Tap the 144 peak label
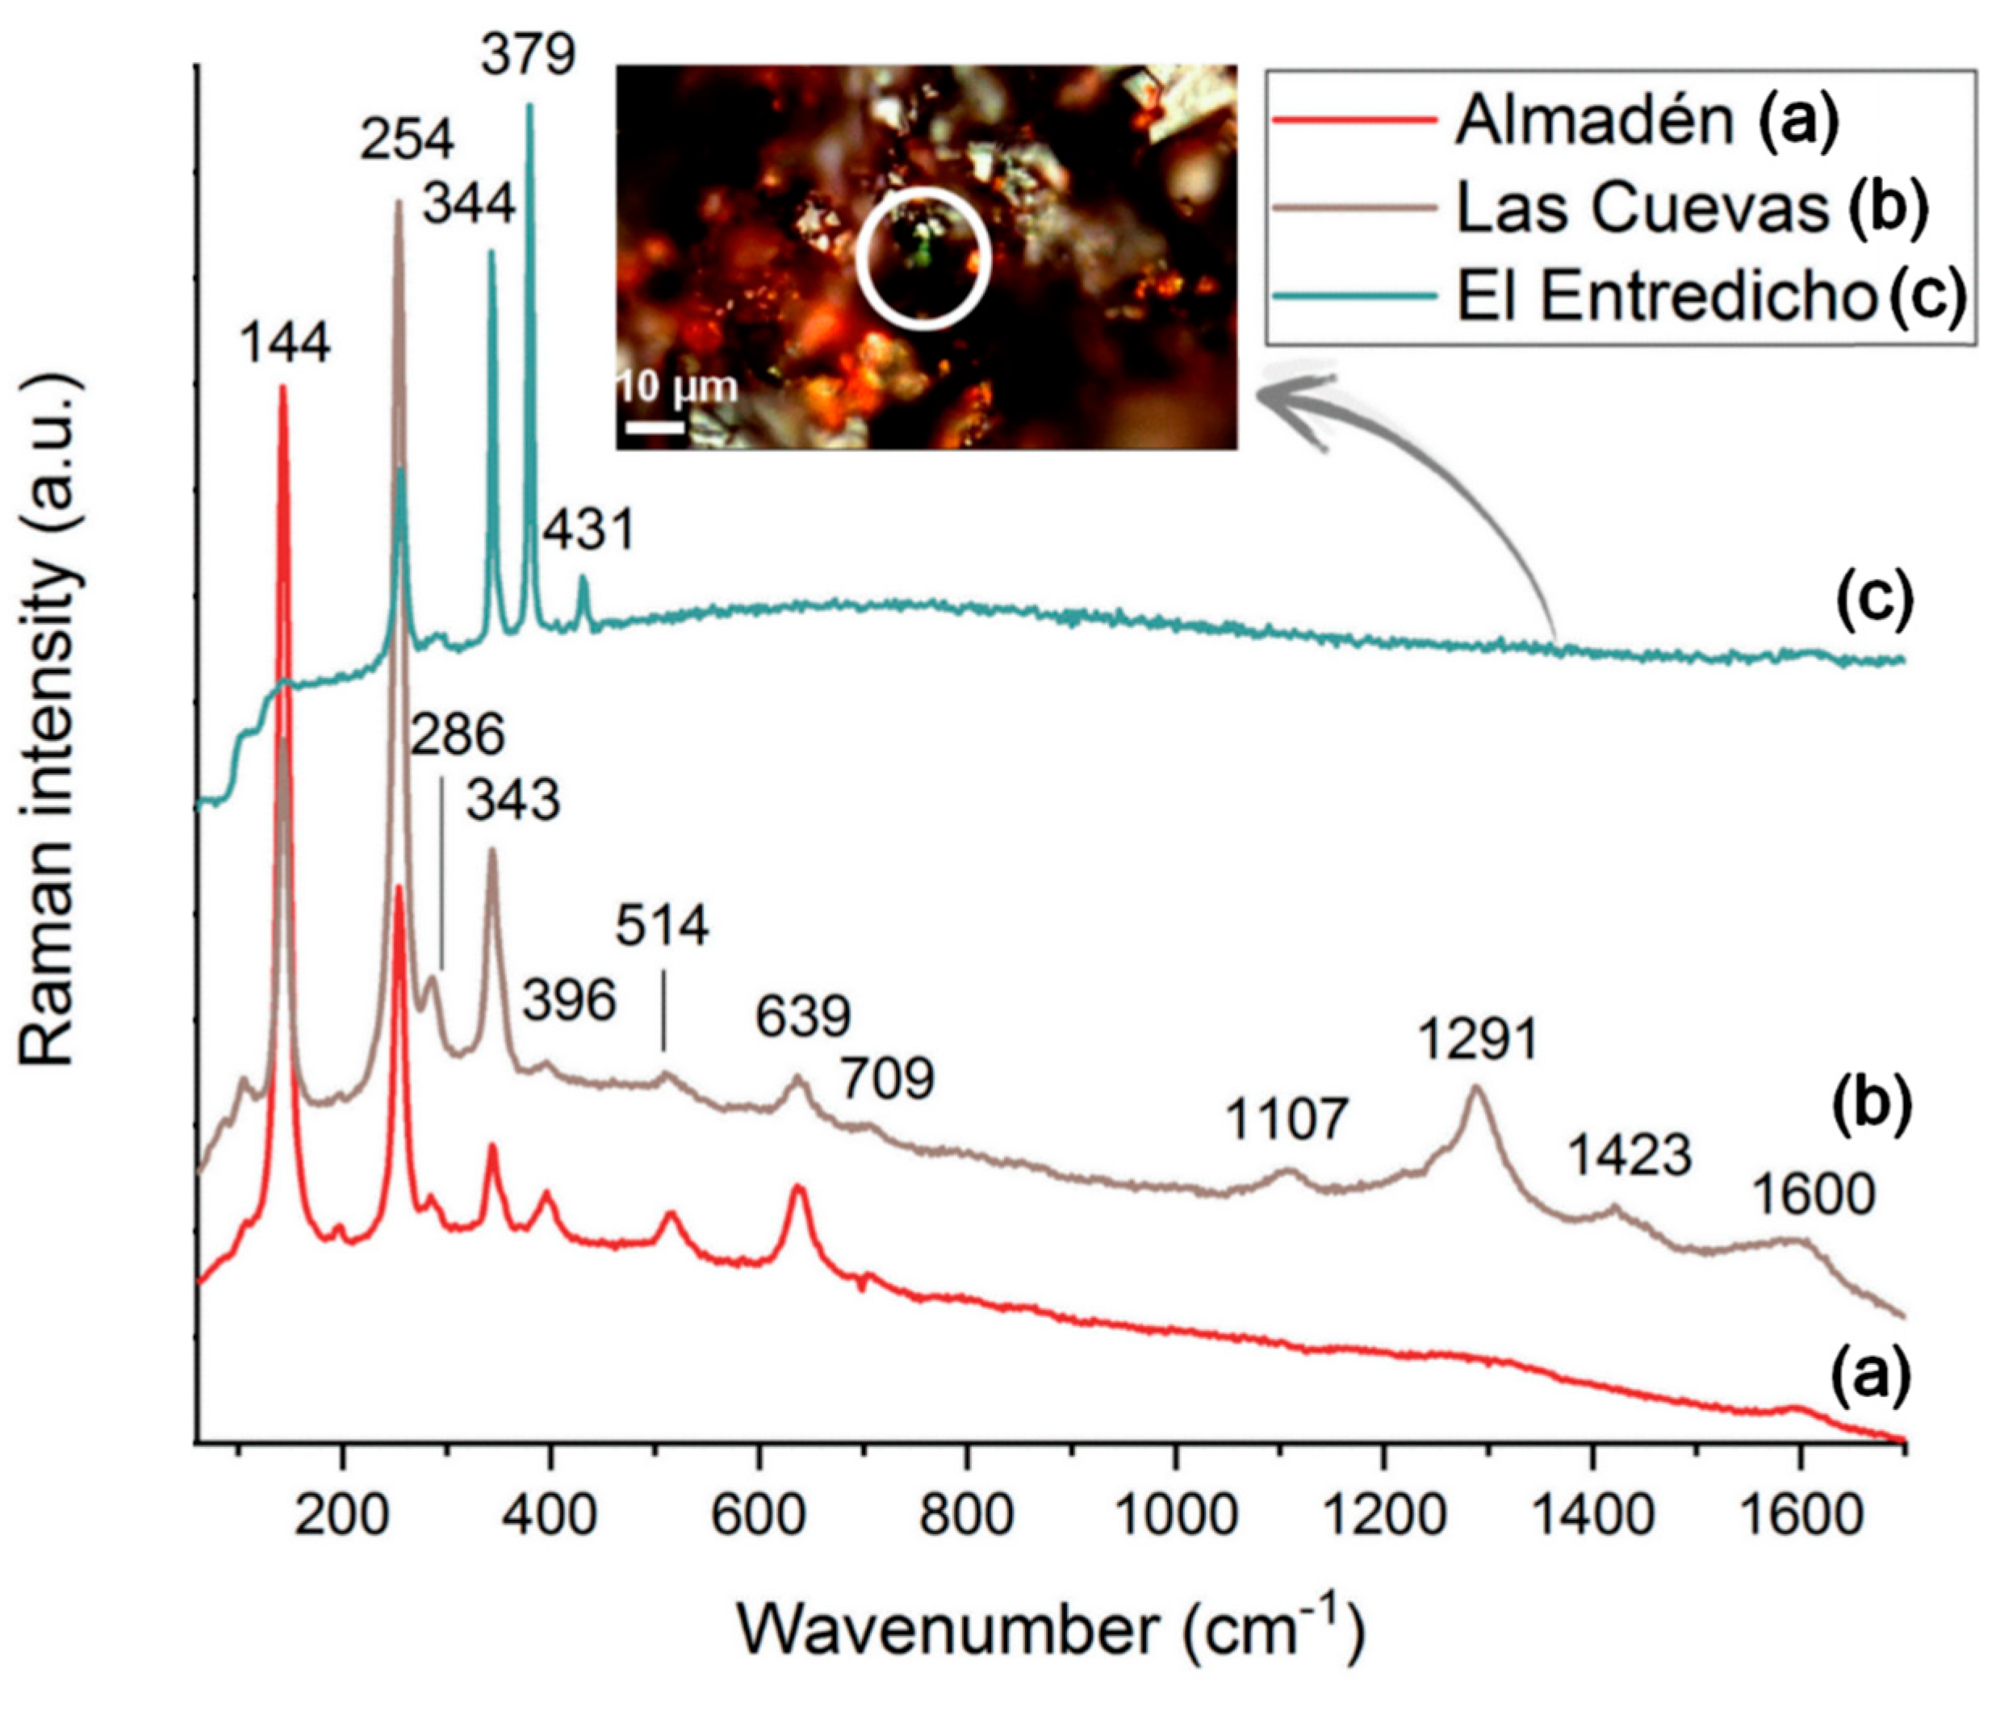pyautogui.click(x=285, y=342)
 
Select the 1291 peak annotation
pyautogui.click(x=1477, y=1040)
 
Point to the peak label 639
pyautogui.click(x=803, y=1015)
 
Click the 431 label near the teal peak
pyautogui.click(x=588, y=529)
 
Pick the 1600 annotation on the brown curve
pyautogui.click(x=1814, y=1194)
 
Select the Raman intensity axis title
pyautogui.click(x=48, y=719)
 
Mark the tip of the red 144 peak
pyautogui.click(x=282, y=387)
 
